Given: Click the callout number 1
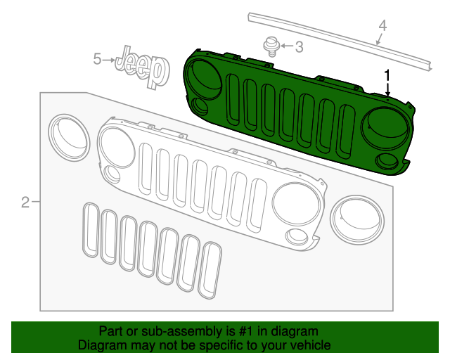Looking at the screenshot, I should point(387,74).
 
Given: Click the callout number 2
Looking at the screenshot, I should point(25,202).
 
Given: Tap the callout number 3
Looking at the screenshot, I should point(298,47).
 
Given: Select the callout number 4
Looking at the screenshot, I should point(382,26).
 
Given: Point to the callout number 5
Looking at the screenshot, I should point(98,60).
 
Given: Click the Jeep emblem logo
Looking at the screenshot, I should point(143,67).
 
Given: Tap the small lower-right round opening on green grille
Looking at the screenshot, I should point(386,161).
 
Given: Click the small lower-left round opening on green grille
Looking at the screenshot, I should point(200,108).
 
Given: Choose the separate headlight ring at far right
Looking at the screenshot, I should point(357,217).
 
